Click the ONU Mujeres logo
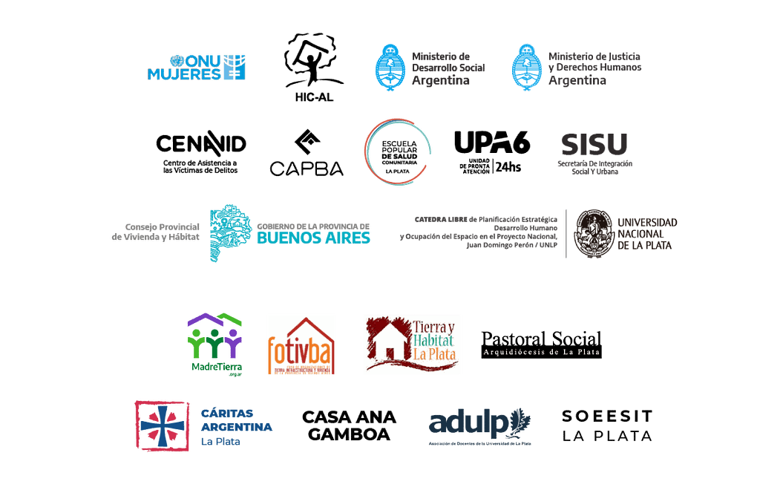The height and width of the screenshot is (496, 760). click(197, 68)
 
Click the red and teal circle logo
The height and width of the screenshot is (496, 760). click(397, 151)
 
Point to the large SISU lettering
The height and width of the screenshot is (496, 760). click(594, 144)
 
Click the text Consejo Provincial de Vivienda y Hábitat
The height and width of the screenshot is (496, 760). click(156, 231)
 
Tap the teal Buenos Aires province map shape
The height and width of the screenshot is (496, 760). click(229, 233)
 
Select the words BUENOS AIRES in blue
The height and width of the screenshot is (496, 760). click(313, 238)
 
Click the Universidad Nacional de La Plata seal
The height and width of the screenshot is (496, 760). click(593, 233)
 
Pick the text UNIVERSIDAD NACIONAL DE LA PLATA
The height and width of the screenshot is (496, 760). click(646, 233)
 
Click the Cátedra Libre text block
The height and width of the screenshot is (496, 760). click(479, 232)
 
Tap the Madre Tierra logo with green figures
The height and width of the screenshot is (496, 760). click(214, 343)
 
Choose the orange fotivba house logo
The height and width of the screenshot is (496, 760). click(301, 345)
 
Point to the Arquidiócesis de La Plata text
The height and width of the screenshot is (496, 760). click(541, 352)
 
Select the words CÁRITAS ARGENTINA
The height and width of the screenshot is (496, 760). click(237, 421)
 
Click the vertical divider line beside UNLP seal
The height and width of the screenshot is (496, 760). click(566, 233)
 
